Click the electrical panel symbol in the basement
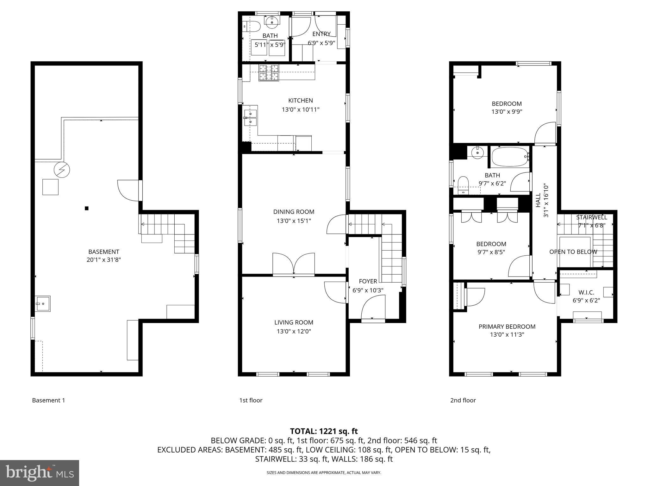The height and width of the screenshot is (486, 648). point(62,170)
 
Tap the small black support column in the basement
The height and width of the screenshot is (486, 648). point(86,208)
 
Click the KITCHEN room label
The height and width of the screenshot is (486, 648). point(300,101)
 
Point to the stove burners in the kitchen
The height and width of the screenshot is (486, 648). point(269,72)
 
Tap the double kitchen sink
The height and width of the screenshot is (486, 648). point(250,117)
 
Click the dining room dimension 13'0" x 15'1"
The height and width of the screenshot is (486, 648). point(294,221)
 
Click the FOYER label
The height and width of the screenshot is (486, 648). point(368,281)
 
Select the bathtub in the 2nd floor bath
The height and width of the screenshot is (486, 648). point(510,157)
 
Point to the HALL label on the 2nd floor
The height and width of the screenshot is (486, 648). point(538,200)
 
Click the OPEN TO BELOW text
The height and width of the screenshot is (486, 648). point(573,252)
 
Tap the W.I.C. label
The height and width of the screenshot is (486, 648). point(586,292)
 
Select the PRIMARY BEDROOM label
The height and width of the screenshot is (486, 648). point(507,327)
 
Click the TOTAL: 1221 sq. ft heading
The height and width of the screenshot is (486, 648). point(324,431)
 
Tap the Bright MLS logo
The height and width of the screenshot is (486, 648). point(39,473)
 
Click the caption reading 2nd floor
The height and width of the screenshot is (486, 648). point(463,400)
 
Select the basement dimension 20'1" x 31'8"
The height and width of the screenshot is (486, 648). point(104,260)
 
